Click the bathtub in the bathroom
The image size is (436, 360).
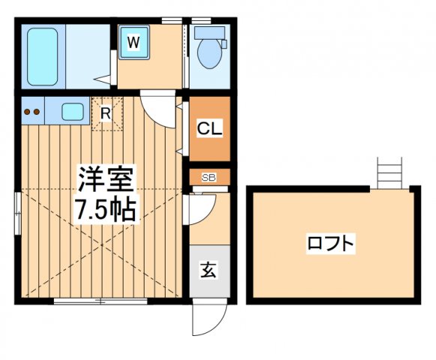tap(43, 57)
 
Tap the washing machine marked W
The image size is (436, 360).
tap(133, 43)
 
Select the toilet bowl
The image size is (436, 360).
tap(210, 55)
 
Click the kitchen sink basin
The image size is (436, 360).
tap(73, 112)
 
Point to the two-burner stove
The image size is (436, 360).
tap(32, 112)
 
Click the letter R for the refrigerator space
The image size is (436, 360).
tap(106, 115)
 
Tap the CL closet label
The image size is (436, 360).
tap(209, 129)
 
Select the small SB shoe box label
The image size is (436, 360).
tap(209, 177)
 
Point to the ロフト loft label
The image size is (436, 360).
tap(330, 244)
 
